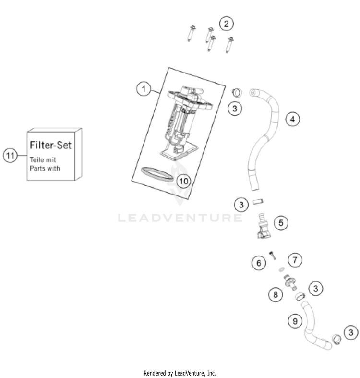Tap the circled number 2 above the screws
coord(227,23)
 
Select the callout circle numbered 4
coord(292,119)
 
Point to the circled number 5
coord(281,222)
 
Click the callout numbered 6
coord(259,263)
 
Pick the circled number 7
coord(295,260)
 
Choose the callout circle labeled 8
coord(276,294)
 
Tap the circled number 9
coord(295,321)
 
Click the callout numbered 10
coord(183,181)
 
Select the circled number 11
coord(10,155)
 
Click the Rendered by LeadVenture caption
coord(180,373)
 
